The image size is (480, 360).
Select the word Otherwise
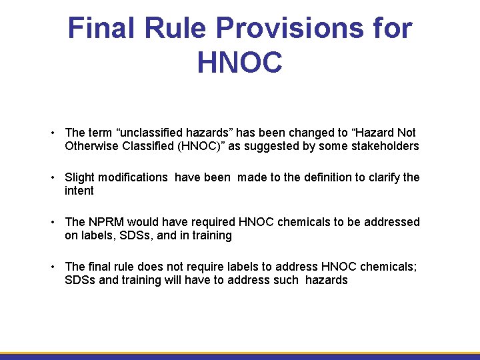click(92, 146)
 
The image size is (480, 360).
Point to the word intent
click(79, 191)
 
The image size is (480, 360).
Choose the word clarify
click(382, 177)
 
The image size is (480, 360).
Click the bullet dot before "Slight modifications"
click(53, 177)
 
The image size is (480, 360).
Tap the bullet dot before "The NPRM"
click(53, 222)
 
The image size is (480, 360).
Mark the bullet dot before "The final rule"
click(53, 267)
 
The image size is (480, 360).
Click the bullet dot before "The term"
click(53, 133)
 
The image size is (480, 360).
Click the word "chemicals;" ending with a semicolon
click(391, 267)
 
